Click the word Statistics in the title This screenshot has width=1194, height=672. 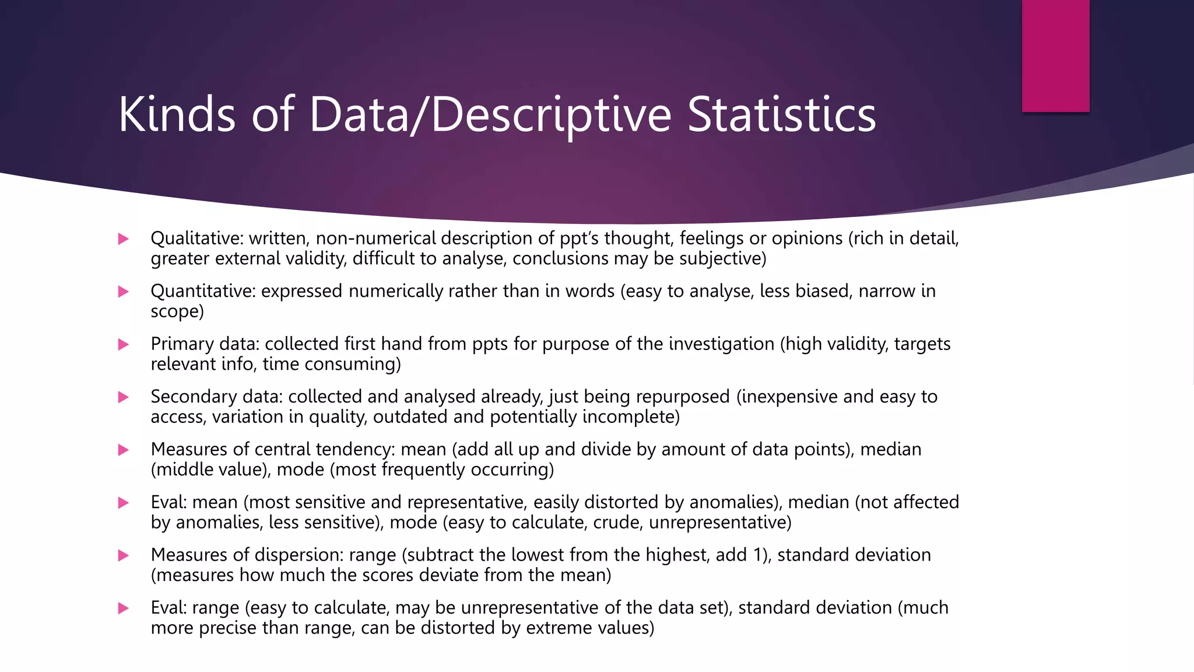[x=781, y=114]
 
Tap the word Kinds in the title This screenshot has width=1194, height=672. [x=177, y=114]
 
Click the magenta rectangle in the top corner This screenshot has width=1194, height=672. [x=1055, y=55]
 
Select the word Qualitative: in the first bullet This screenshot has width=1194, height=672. [x=196, y=239]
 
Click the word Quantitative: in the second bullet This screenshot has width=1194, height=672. [x=203, y=291]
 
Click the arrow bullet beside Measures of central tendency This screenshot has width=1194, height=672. [x=123, y=450]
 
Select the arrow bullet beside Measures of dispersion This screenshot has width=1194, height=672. [x=123, y=555]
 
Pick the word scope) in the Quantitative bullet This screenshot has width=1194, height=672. [x=177, y=311]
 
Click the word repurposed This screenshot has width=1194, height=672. [x=683, y=397]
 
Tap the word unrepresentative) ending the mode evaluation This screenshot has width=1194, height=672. [x=720, y=523]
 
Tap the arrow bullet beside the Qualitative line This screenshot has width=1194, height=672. [x=123, y=239]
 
